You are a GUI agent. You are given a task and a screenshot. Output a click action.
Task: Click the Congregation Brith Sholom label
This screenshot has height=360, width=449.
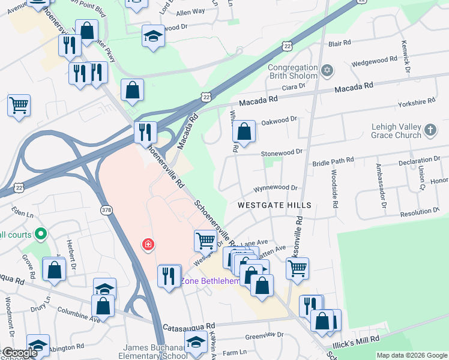[x=292, y=72]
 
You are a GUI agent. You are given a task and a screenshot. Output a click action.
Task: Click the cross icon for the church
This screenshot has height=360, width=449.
[x=430, y=130]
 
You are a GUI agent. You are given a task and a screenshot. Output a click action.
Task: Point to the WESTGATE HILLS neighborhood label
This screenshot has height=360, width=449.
[x=274, y=205]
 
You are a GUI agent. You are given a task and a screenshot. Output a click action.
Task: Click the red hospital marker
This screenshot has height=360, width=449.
[x=147, y=245]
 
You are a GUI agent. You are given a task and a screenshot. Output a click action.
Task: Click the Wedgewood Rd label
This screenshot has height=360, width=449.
[x=375, y=60]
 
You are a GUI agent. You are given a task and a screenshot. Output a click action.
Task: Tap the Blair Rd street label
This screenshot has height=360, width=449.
[x=339, y=43]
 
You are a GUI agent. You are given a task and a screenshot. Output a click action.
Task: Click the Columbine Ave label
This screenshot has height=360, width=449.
[x=78, y=312]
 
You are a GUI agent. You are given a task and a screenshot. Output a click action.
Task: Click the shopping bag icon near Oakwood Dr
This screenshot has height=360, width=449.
[x=244, y=131]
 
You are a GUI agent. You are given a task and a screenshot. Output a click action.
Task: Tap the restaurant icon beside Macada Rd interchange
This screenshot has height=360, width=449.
[x=145, y=131]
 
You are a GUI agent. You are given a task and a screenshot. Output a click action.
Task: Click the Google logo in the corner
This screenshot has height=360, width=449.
[x=19, y=353]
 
